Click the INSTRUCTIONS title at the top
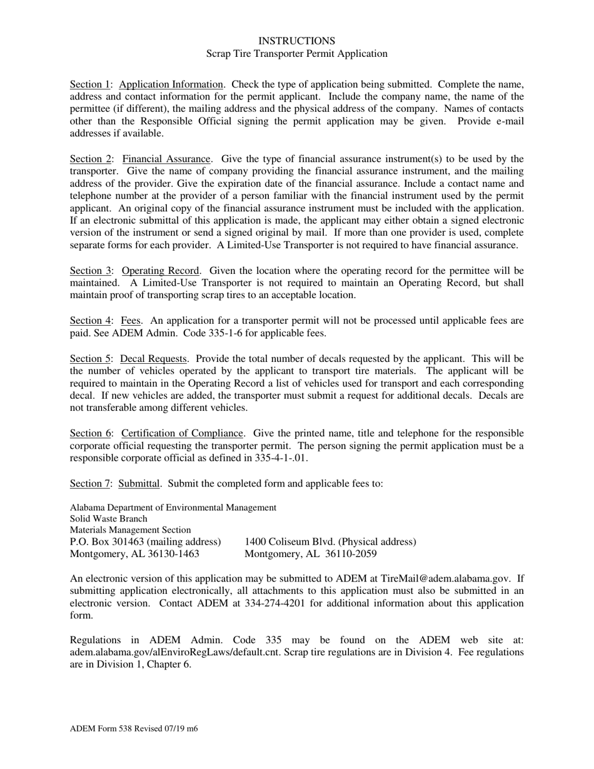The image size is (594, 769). [x=296, y=41]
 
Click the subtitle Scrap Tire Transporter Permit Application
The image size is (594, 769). [x=296, y=54]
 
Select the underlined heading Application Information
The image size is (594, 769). [x=171, y=84]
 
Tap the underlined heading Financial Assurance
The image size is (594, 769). [x=166, y=159]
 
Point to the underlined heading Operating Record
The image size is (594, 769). [x=160, y=271]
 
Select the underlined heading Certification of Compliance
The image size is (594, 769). [x=181, y=433]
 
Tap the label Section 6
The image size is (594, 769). [x=89, y=433]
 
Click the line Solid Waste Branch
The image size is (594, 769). [x=109, y=519]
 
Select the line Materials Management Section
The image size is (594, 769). [x=130, y=530]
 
